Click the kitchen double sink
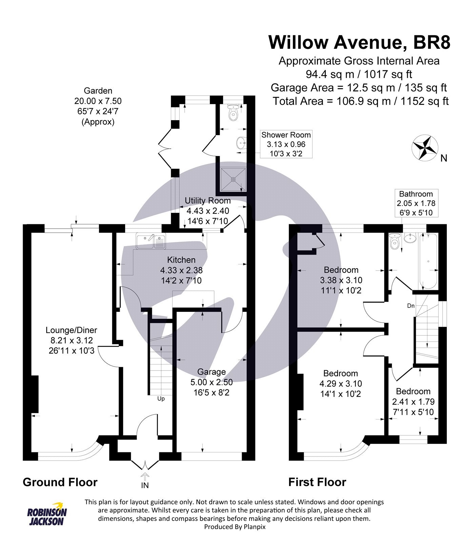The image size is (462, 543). tap(151, 241)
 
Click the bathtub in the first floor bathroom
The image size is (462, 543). tap(428, 260)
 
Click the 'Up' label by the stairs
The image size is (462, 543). tap(161, 398)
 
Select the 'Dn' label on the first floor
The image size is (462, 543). tap(410, 306)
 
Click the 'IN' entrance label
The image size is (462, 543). tap(145, 485)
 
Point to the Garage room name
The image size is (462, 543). tap(212, 372)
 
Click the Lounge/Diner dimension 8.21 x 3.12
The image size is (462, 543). tap(71, 340)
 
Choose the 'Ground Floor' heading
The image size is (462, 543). tap(60, 482)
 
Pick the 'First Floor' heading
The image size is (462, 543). tap(317, 482)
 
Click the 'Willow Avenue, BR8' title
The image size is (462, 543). tap(359, 42)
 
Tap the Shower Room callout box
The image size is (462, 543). tap(286, 144)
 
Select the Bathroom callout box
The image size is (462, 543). tap(416, 203)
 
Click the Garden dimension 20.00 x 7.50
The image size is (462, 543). tap(98, 101)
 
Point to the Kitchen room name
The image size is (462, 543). tap(181, 260)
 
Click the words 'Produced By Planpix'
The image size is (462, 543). tap(235, 527)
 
